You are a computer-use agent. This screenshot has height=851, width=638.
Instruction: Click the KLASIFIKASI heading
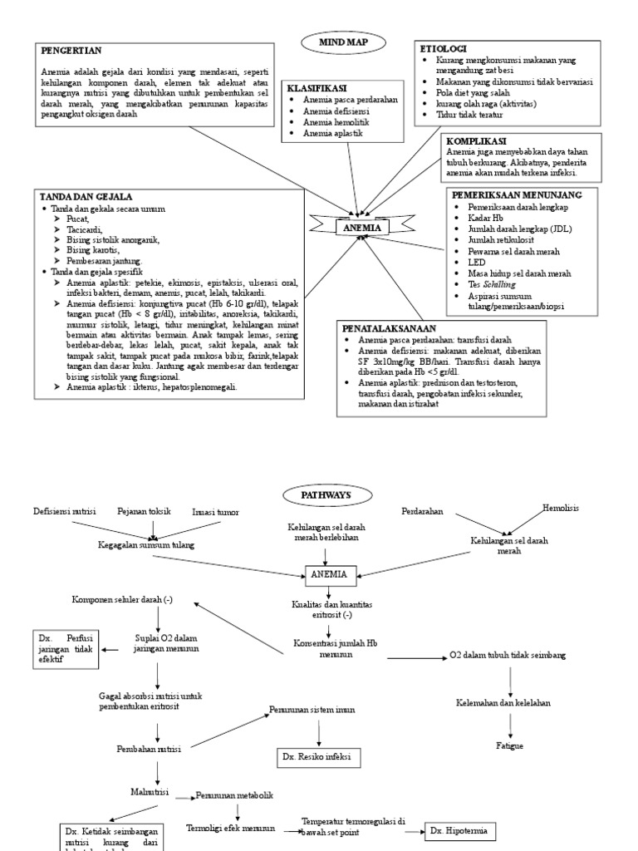tap(317, 88)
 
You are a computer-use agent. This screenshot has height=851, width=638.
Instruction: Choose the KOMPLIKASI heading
tap(477, 141)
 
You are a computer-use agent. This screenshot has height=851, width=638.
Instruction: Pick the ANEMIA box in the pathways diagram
tap(330, 573)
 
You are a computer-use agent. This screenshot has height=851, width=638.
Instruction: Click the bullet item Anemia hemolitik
tap(336, 122)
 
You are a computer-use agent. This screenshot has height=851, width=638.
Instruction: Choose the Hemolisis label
tap(561, 507)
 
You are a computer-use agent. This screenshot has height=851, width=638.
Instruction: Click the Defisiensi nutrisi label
tap(65, 511)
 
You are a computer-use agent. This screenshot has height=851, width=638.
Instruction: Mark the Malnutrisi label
tap(150, 793)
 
